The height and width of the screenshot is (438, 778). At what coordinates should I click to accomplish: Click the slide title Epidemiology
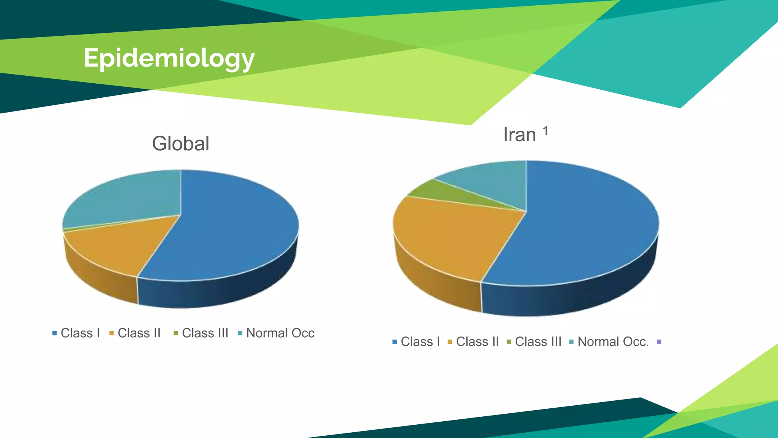pyautogui.click(x=169, y=58)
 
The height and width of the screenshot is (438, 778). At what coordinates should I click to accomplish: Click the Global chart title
pyautogui.click(x=180, y=144)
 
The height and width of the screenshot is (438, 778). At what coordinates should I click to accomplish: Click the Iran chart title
pyautogui.click(x=519, y=135)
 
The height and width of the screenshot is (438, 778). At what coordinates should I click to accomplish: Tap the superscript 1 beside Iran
pyautogui.click(x=546, y=131)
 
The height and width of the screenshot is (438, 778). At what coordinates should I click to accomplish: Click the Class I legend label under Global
pyautogui.click(x=80, y=333)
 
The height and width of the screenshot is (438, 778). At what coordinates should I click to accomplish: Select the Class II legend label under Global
pyautogui.click(x=139, y=333)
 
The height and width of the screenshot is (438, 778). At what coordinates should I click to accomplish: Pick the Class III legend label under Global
pyautogui.click(x=205, y=333)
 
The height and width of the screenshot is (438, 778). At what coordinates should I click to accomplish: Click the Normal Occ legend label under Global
pyautogui.click(x=280, y=333)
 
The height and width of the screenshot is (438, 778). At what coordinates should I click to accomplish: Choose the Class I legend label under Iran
pyautogui.click(x=420, y=342)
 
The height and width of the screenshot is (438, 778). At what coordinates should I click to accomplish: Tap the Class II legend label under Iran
pyautogui.click(x=477, y=342)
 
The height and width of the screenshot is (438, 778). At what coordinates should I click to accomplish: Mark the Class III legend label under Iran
pyautogui.click(x=538, y=342)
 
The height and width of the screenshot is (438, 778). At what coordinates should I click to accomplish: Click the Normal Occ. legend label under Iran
pyautogui.click(x=613, y=342)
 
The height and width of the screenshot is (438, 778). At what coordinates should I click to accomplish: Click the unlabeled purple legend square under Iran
pyautogui.click(x=659, y=342)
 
